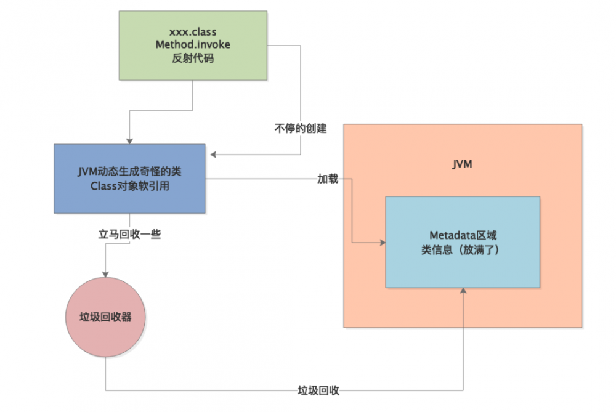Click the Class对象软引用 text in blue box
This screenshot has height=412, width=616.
pos(129,185)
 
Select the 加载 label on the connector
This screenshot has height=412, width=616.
pos(328,179)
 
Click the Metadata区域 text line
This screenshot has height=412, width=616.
pos(463,235)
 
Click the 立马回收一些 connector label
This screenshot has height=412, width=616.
pos(129,234)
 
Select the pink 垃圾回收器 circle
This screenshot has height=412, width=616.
pos(106,317)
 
